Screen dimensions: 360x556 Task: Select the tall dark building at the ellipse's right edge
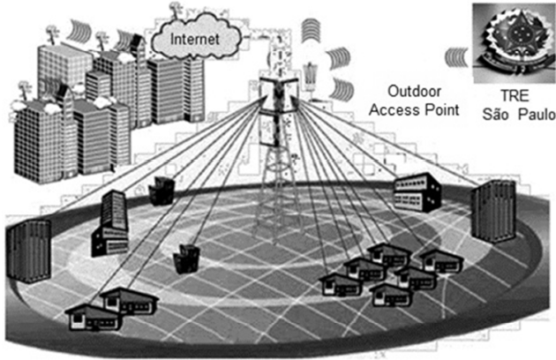(492, 209)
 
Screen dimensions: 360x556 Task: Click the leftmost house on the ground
(90, 316)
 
